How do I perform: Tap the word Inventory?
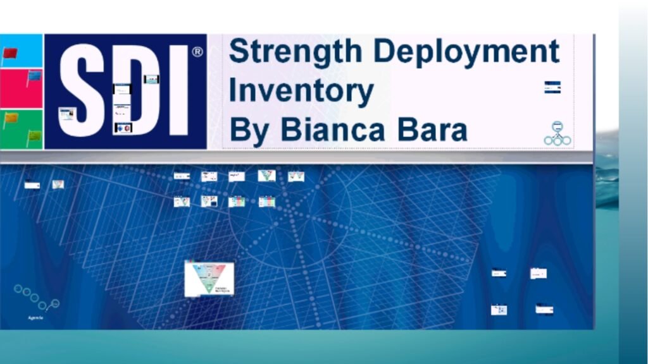pos(301,91)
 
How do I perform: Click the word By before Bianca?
pos(249,130)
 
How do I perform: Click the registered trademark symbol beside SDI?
pos(197,52)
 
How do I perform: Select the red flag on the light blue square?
pos(10,52)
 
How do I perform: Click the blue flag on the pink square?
pos(34,76)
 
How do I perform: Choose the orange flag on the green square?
pos(11,118)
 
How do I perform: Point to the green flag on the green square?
pos(34,135)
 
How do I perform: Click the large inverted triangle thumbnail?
pos(209,279)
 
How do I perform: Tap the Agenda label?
pos(35,317)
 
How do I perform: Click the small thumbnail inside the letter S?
pos(66,114)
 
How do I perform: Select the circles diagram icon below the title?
pos(557,133)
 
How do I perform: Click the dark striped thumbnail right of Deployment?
pos(552,87)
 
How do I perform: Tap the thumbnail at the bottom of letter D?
pos(123,128)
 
